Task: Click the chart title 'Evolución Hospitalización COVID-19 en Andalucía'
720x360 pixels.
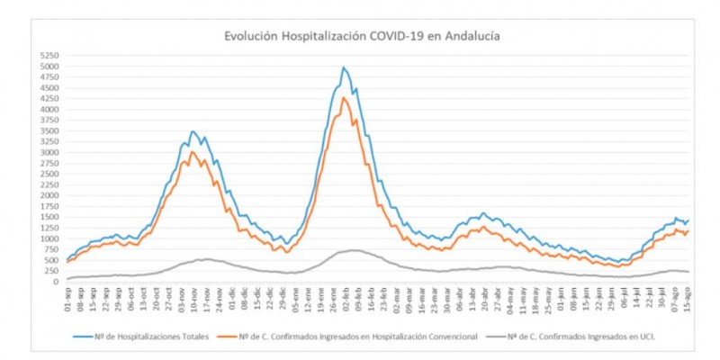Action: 363,37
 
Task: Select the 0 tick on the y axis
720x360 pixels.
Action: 55,282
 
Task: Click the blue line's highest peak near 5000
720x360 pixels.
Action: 344,67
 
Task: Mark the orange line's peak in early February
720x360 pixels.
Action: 344,97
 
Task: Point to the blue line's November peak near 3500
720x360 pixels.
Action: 193,131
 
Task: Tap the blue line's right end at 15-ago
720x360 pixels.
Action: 688,220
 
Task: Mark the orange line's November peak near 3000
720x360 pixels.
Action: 192,152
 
